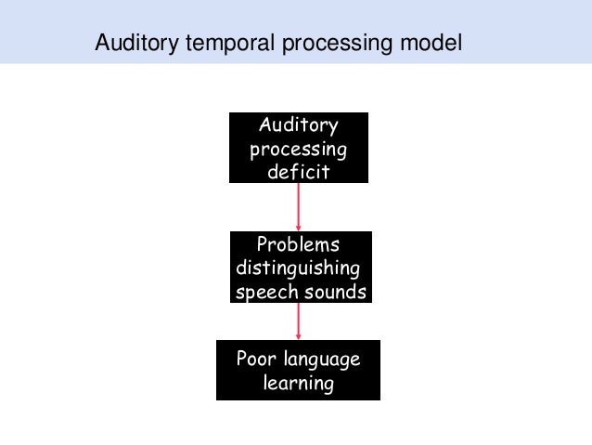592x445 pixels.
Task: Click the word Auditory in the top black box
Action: click(x=299, y=125)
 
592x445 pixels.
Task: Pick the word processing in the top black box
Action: click(x=299, y=149)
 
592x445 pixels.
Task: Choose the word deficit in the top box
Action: click(x=299, y=172)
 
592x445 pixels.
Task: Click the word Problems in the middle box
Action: click(x=298, y=245)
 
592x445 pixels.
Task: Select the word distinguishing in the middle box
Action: click(x=298, y=269)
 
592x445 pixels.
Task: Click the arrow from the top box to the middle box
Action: click(x=299, y=205)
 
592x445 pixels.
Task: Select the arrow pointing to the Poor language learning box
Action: click(x=299, y=321)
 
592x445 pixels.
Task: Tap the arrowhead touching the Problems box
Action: click(x=299, y=227)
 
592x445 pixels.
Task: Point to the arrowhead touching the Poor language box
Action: click(x=299, y=336)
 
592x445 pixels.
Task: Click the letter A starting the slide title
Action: click(x=103, y=43)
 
